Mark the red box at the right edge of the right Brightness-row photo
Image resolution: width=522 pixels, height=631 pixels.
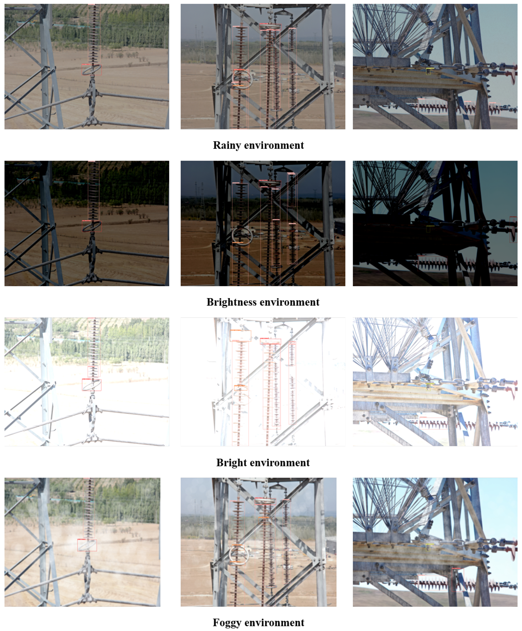[x=513, y=229]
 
